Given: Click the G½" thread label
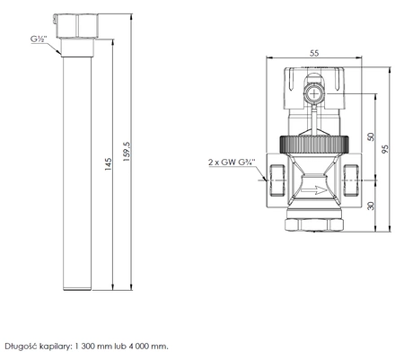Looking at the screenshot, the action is (39, 40).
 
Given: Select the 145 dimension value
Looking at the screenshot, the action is (108, 164).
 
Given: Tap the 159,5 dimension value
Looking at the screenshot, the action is (127, 152).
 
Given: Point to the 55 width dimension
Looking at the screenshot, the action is (314, 53).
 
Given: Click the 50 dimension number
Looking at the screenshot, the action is (371, 136).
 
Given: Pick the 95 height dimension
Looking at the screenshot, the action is (385, 149).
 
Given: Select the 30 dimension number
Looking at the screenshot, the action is (371, 206).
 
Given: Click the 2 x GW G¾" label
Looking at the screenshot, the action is (233, 162).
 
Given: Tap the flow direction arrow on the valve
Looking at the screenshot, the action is (314, 189).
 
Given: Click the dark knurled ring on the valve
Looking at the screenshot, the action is (314, 145).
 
